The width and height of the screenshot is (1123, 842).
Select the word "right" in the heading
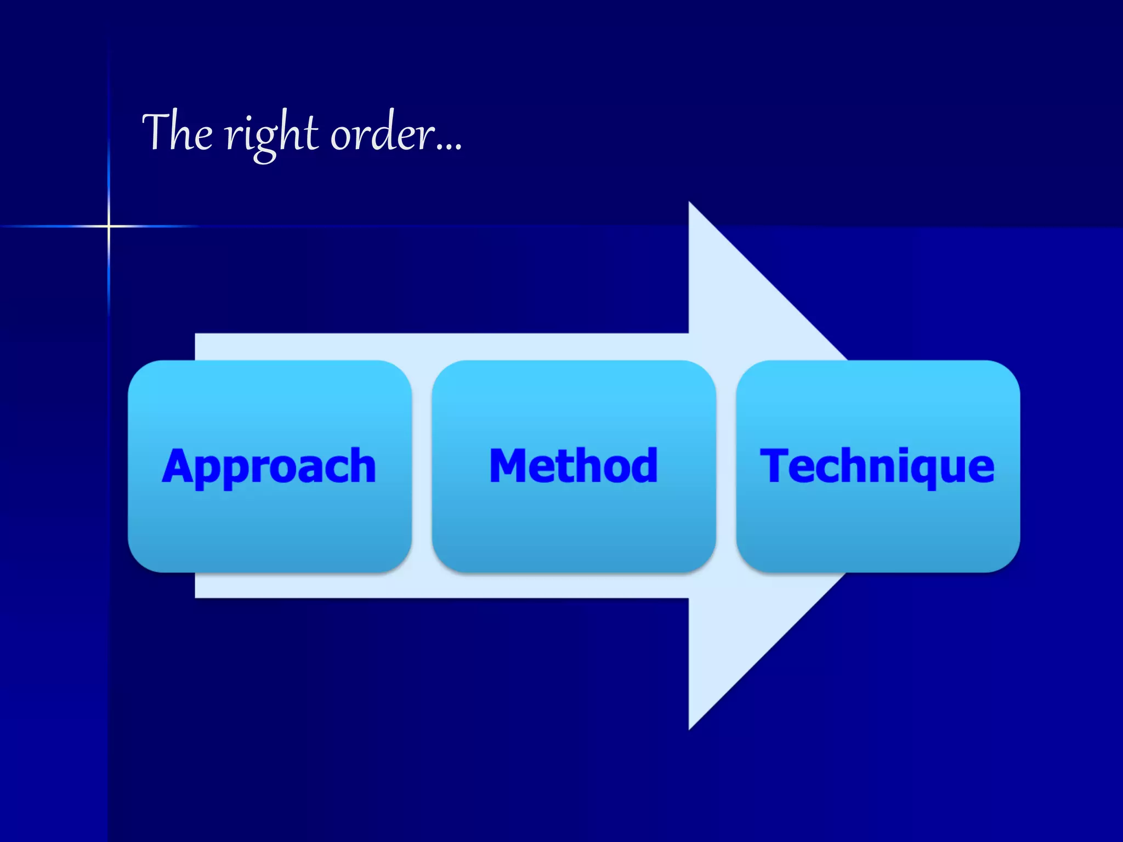click(x=271, y=134)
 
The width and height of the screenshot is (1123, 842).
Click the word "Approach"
click(x=269, y=466)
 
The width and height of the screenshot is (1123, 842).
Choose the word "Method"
click(x=573, y=465)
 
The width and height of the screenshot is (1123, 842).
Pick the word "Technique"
click(x=877, y=466)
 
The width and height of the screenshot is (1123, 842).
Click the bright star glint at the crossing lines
click(x=109, y=226)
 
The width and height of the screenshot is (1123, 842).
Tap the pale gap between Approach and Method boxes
click(x=422, y=466)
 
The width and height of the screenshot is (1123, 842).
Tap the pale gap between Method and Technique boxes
click(x=726, y=466)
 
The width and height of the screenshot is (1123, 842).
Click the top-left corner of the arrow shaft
click(x=196, y=334)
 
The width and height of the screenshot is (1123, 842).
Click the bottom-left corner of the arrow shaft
click(x=196, y=596)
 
